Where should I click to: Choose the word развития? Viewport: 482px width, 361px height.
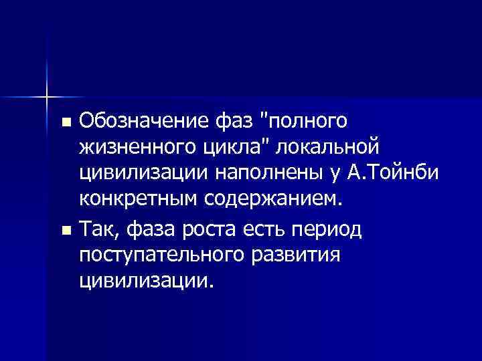click(295, 255)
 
